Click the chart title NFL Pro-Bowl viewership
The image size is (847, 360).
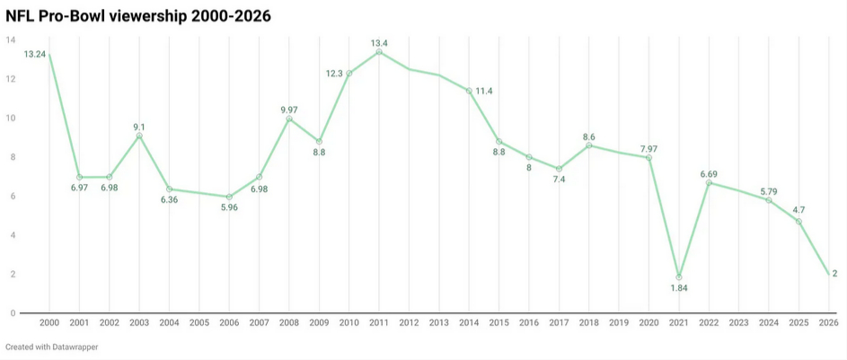coord(138,16)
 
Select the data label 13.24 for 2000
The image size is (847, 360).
coord(35,55)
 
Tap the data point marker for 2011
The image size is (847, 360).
coord(379,52)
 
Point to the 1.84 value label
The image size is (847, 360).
coord(680,288)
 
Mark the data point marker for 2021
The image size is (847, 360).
coord(680,277)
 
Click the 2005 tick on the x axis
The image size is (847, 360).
coord(199,322)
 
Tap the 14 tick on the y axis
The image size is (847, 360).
coord(10,40)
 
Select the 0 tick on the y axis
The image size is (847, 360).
coord(12,313)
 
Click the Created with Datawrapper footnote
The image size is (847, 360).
coord(51,347)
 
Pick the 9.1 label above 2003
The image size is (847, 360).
coord(139,127)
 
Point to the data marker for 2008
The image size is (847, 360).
coord(289,119)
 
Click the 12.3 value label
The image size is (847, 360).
coord(334,74)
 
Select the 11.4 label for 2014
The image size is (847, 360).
coord(483,92)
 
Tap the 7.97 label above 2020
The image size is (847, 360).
coord(648,148)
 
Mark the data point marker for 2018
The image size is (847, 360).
coord(589,145)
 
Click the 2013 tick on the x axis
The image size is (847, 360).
coord(439,322)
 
